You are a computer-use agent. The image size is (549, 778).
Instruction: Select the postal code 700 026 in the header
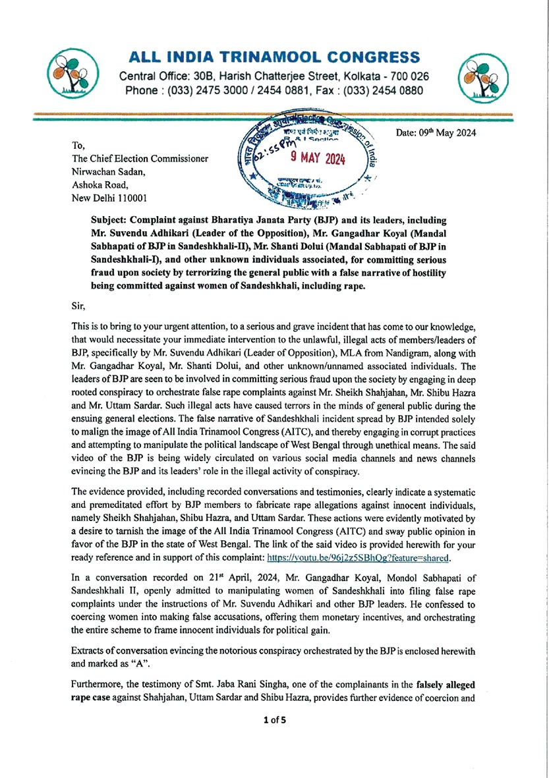[x=411, y=76]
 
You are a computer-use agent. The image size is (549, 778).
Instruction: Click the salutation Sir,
[x=78, y=306]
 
